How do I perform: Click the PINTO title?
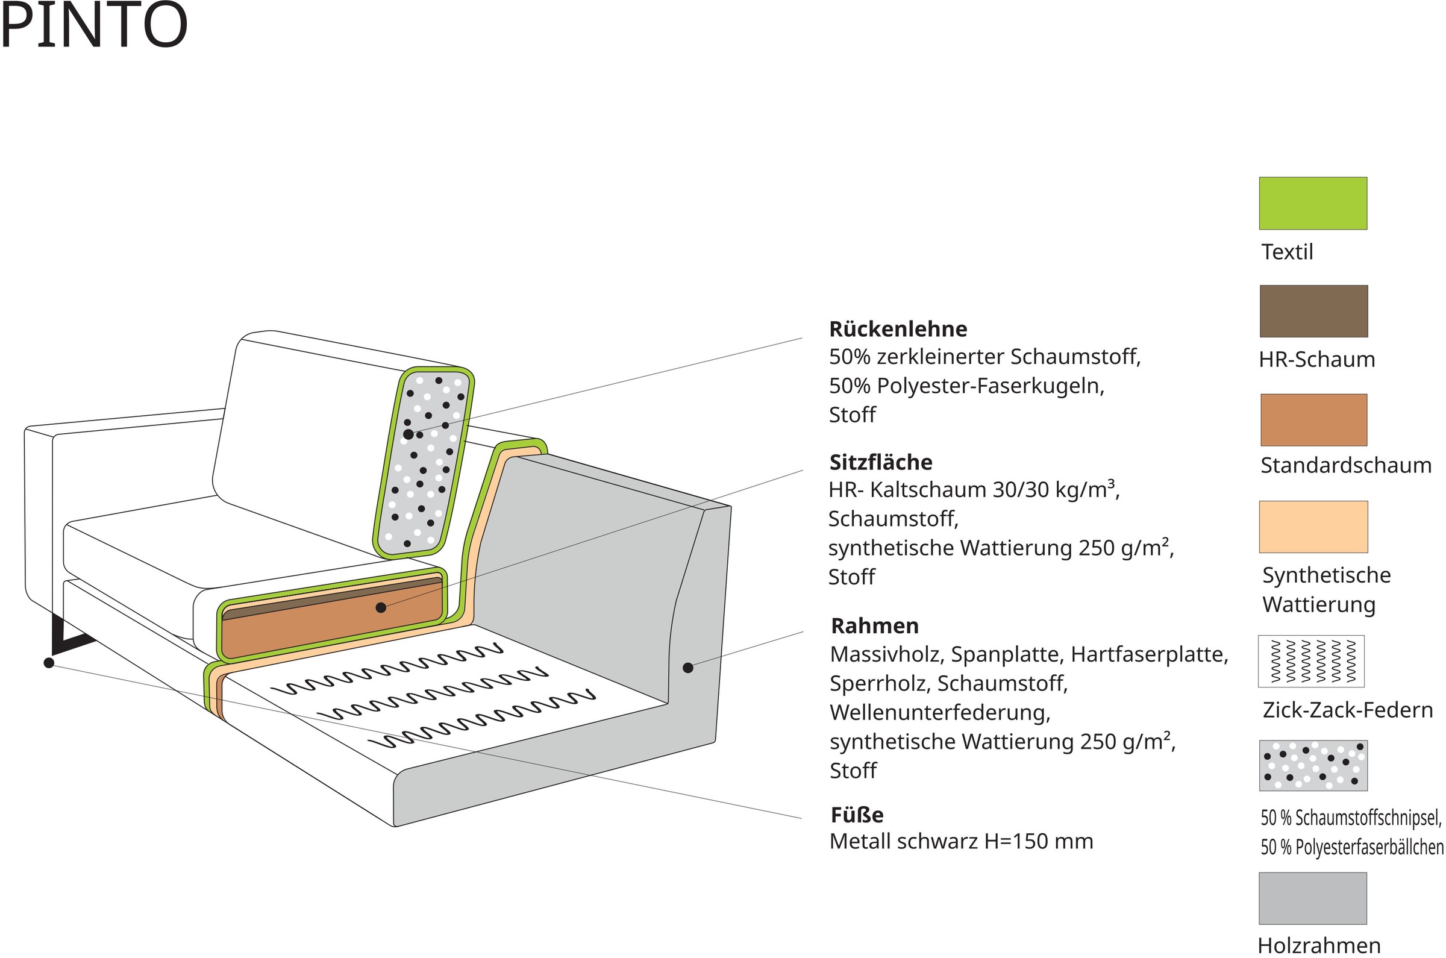(93, 26)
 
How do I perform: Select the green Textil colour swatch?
(1312, 204)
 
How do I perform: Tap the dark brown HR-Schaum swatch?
(1313, 311)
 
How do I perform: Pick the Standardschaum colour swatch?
(1313, 420)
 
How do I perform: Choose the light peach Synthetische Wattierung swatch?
(1313, 527)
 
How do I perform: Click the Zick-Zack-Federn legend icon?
(1310, 661)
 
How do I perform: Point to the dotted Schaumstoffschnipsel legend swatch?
(1313, 765)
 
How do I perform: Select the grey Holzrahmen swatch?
(1312, 898)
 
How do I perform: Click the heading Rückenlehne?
(897, 330)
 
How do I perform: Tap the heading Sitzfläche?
(880, 463)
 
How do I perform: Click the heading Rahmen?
(874, 625)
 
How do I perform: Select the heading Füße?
(857, 815)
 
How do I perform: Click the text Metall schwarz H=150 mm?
(961, 841)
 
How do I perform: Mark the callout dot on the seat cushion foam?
(381, 607)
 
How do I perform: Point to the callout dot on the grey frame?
(688, 668)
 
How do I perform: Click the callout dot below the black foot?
(49, 663)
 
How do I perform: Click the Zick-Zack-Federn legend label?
(1347, 710)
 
